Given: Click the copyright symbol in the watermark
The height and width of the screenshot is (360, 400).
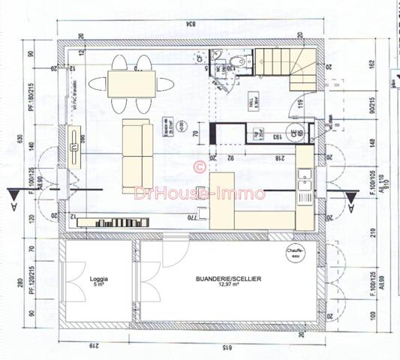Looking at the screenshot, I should coord(200,166).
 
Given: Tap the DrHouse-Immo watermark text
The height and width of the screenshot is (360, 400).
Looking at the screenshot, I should coord(200,193).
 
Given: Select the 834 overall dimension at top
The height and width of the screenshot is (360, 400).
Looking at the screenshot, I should coord(192,25).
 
